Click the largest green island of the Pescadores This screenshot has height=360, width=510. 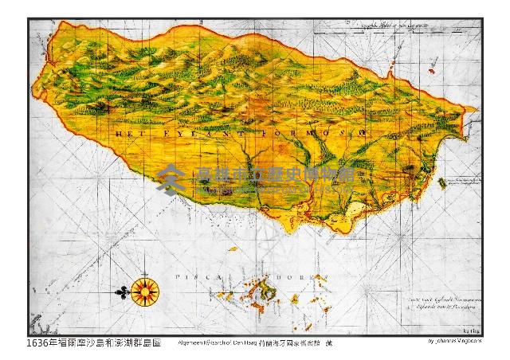[267, 293]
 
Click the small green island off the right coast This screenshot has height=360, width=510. [443, 184]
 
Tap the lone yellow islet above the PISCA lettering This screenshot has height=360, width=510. [233, 249]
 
